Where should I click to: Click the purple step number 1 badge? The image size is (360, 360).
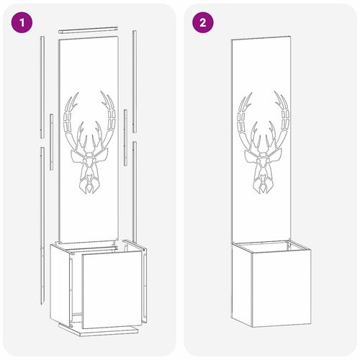(22, 22)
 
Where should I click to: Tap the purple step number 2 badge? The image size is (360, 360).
(203, 22)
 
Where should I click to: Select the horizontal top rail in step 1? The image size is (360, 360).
(89, 30)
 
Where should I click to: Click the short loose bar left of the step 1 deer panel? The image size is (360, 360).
(51, 142)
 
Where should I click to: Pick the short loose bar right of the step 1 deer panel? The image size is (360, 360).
(125, 138)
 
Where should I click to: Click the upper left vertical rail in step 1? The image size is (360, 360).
(42, 87)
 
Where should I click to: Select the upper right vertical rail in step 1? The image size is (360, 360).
(135, 81)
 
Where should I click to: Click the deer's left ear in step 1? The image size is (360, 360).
(77, 156)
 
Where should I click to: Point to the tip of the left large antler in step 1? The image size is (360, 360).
(78, 92)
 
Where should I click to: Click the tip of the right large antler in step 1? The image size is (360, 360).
(101, 91)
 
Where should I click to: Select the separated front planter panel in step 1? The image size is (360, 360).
(112, 289)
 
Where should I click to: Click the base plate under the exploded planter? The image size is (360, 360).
(99, 330)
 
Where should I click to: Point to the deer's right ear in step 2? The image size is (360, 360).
(276, 156)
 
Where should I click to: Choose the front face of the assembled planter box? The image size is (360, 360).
(282, 288)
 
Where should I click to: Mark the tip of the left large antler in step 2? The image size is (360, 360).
(251, 94)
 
